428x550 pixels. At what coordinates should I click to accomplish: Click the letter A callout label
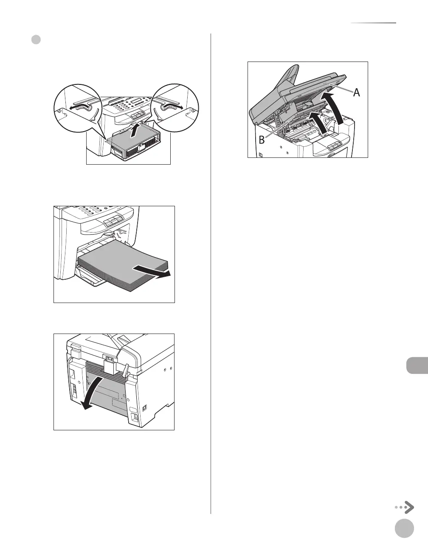(356, 92)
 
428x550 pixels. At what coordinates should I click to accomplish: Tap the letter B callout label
(262, 139)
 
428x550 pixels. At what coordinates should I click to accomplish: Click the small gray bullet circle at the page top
(36, 40)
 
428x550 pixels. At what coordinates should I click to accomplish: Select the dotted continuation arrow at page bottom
(404, 507)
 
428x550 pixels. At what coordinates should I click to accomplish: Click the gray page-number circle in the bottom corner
(404, 529)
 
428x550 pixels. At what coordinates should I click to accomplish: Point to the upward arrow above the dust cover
(135, 130)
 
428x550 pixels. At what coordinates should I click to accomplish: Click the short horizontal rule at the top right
(373, 23)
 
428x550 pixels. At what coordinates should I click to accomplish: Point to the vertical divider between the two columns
(211, 272)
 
